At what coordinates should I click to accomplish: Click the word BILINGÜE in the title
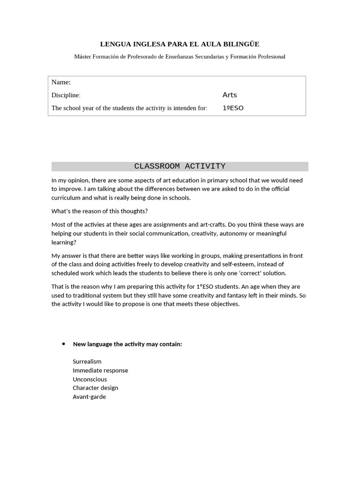click(241, 44)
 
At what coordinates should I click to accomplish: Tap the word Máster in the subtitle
click(83, 57)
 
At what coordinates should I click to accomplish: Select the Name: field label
click(61, 82)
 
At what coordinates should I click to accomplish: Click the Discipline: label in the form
click(66, 95)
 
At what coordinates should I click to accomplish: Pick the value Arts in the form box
click(230, 95)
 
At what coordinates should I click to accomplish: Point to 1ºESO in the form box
click(233, 108)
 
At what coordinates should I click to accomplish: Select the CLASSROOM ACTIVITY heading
click(180, 166)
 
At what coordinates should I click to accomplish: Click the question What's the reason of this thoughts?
click(99, 211)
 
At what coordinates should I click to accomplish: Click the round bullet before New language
click(63, 344)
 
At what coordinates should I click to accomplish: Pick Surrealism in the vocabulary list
click(87, 362)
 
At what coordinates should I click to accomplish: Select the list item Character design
click(95, 388)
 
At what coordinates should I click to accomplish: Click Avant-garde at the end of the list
click(89, 397)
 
